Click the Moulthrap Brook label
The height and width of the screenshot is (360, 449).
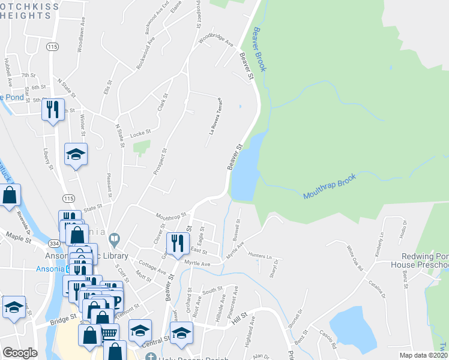click(330, 187)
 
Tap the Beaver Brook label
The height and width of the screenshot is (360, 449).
click(260, 49)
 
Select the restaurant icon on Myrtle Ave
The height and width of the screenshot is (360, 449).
click(177, 243)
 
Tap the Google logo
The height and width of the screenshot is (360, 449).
click(20, 353)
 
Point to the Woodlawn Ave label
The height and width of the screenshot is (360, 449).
click(80, 40)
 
